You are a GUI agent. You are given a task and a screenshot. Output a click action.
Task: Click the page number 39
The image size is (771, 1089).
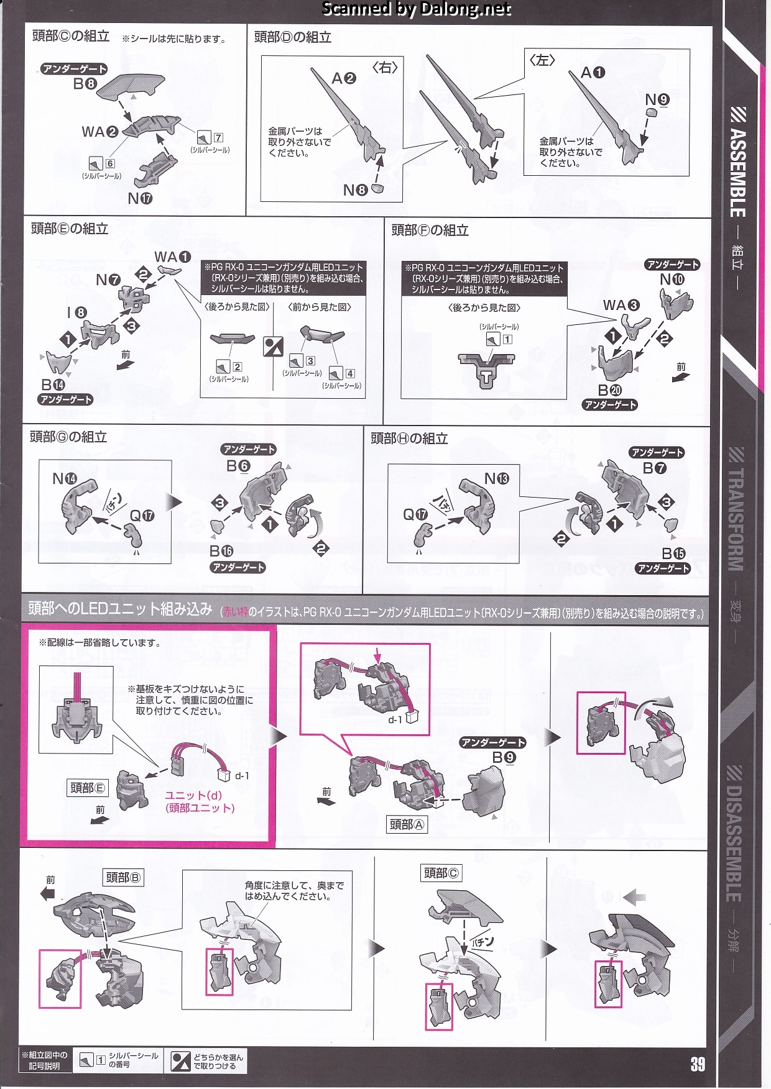coord(698,1064)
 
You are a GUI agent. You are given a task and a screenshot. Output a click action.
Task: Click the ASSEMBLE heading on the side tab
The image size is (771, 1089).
coord(737,171)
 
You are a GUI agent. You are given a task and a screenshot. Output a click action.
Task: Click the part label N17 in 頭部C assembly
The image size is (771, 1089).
coord(139,198)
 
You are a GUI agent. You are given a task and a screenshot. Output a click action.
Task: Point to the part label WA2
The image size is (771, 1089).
coord(99,132)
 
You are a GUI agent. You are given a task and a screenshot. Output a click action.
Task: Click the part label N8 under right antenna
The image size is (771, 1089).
coord(355,190)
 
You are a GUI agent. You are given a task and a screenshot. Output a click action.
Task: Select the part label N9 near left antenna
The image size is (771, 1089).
coord(657,99)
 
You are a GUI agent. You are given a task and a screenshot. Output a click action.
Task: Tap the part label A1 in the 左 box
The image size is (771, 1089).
coord(592,73)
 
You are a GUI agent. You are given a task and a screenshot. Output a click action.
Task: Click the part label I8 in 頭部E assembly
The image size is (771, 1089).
coord(77,312)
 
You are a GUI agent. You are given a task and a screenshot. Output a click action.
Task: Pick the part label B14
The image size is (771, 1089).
coord(53,385)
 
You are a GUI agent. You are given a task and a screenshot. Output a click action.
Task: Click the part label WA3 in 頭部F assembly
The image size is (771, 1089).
coord(621,305)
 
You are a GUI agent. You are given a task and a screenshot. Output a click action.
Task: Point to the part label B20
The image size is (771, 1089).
coord(609,390)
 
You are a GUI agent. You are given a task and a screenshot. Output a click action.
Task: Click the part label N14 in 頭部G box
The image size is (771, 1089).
coord(65,478)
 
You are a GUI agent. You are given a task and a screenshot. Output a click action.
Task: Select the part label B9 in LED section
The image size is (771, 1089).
coord(504,757)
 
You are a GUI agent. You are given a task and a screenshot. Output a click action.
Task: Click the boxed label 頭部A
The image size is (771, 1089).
coord(407,824)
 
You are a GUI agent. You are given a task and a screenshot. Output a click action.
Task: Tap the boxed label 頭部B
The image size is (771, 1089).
coord(123,877)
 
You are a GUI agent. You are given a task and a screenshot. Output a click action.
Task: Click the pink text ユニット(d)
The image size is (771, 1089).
coord(193,795)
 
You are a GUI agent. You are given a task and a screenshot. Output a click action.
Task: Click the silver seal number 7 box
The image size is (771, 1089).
coord(218,137)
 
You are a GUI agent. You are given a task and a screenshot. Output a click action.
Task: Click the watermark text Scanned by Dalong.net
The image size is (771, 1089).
coord(416,9)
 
